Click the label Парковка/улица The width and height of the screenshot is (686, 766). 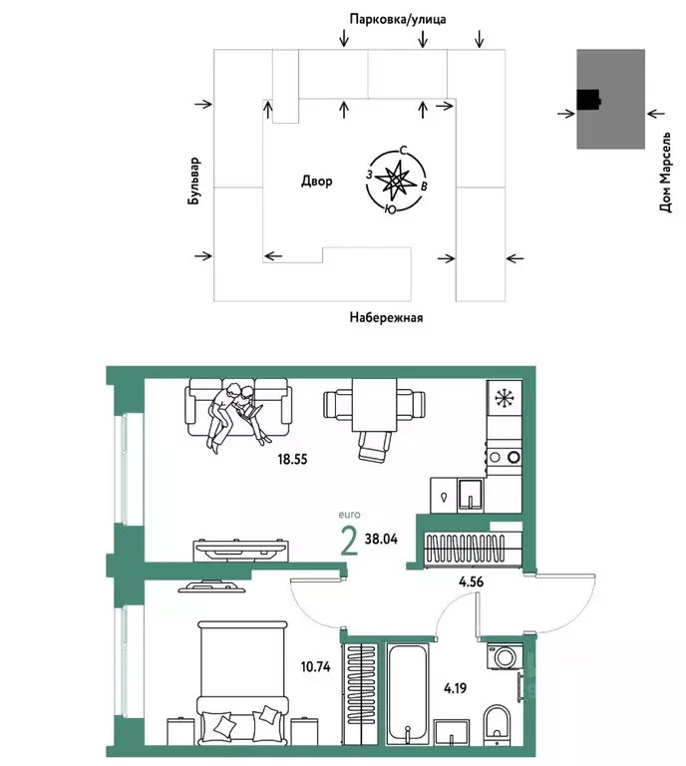[x=397, y=19]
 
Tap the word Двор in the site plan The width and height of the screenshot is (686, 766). [x=316, y=182]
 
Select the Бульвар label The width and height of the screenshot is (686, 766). [x=195, y=182]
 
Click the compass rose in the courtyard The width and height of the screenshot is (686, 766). [x=396, y=182]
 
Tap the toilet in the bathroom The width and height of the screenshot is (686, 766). [x=496, y=723]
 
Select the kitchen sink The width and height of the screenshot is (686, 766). [x=469, y=493]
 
